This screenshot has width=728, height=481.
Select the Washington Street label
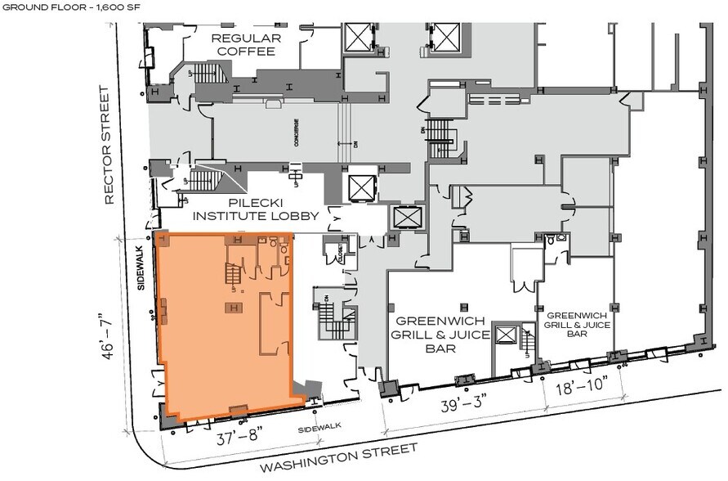click(338, 458)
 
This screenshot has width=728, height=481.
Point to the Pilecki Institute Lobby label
click(244, 209)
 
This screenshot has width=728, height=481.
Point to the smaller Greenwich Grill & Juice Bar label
click(578, 324)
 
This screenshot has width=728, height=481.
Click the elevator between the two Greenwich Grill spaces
click(507, 336)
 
